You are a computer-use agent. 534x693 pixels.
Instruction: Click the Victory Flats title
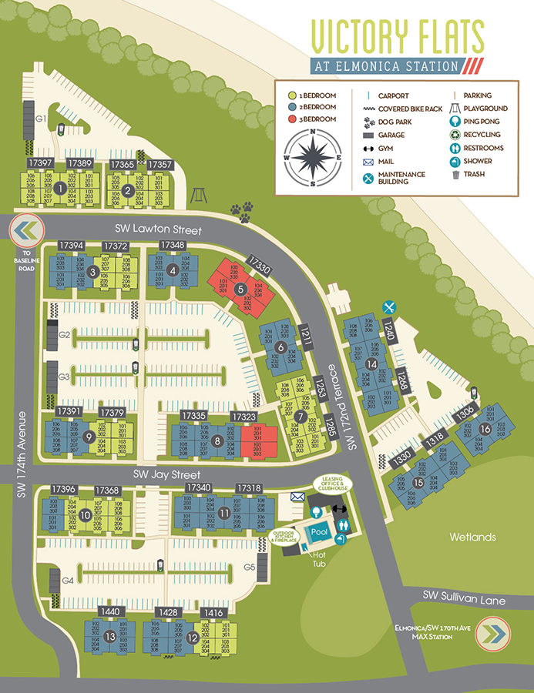click(x=397, y=36)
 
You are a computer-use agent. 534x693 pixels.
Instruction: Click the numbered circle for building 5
click(x=240, y=289)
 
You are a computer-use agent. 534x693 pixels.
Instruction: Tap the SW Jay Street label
click(x=167, y=474)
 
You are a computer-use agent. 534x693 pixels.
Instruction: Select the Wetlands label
click(x=474, y=537)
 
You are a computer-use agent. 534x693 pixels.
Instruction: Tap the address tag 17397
click(x=40, y=164)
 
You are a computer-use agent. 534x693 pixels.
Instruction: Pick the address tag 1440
click(x=111, y=611)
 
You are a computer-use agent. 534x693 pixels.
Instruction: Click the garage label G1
click(x=40, y=119)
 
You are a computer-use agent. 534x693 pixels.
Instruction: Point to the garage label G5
click(x=249, y=567)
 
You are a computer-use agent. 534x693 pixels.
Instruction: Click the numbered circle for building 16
click(x=485, y=429)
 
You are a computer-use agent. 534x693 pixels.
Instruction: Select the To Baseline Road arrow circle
click(x=25, y=230)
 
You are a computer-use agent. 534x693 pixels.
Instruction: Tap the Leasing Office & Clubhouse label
click(x=332, y=484)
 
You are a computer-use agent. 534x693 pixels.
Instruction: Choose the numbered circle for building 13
click(x=110, y=637)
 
